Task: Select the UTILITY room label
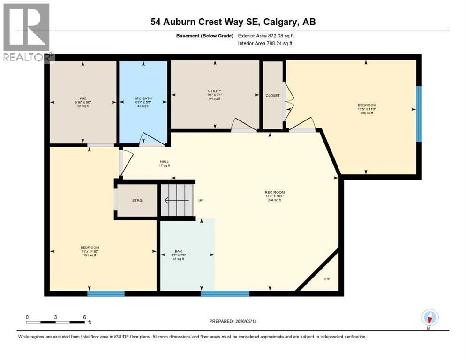[215, 91]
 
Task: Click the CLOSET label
[272, 95]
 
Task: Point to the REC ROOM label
[275, 192]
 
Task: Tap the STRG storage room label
[137, 201]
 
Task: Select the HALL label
[164, 162]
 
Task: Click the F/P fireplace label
[327, 279]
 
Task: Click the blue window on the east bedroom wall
[419, 113]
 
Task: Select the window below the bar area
[225, 293]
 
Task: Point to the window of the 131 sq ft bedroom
[106, 293]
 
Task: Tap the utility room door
[243, 124]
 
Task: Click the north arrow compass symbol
[429, 318]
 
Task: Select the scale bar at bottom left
[56, 322]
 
